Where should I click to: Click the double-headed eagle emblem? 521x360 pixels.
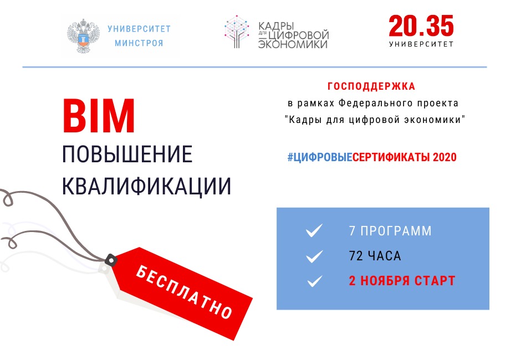(x=83, y=36)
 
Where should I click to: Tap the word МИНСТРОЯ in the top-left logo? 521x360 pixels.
(x=139, y=43)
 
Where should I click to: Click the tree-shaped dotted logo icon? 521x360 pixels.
(x=237, y=32)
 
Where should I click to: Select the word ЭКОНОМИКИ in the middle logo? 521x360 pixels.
(x=293, y=44)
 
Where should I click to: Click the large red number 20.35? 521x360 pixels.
(x=421, y=25)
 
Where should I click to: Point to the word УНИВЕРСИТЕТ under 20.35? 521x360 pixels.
(x=421, y=44)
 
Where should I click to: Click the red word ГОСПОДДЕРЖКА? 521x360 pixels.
(x=371, y=86)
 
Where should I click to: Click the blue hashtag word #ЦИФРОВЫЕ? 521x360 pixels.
(x=320, y=157)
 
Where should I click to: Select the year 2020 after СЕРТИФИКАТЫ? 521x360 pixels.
(x=445, y=157)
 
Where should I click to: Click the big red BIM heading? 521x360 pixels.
(x=99, y=115)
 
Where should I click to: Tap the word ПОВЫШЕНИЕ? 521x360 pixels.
(x=127, y=154)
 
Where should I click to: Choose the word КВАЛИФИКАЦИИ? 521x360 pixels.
(x=146, y=186)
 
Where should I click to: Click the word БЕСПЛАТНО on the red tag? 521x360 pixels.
(x=184, y=292)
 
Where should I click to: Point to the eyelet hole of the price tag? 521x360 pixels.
(x=111, y=260)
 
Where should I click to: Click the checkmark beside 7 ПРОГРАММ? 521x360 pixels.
(x=314, y=230)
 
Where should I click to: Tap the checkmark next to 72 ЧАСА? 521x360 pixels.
(x=314, y=256)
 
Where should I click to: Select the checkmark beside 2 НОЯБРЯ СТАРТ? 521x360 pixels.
(x=314, y=281)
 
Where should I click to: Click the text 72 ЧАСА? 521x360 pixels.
(x=375, y=256)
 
